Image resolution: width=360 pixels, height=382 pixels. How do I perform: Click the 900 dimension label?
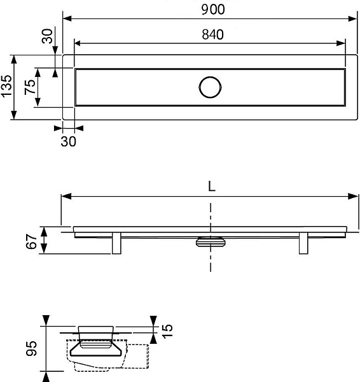click(213, 10)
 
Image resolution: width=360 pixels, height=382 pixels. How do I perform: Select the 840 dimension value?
click(212, 34)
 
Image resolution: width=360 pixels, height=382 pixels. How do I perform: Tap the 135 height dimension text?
click(6, 86)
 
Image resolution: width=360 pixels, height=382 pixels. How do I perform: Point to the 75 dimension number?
click(30, 87)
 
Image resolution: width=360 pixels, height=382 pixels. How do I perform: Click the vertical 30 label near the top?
click(47, 36)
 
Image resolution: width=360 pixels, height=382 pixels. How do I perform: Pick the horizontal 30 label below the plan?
click(69, 141)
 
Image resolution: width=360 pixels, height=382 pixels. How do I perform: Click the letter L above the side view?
click(212, 187)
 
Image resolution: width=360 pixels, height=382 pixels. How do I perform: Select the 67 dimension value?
click(31, 241)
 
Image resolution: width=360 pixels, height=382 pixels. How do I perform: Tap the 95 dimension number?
click(32, 349)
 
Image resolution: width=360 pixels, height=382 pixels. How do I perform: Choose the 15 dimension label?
click(167, 330)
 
